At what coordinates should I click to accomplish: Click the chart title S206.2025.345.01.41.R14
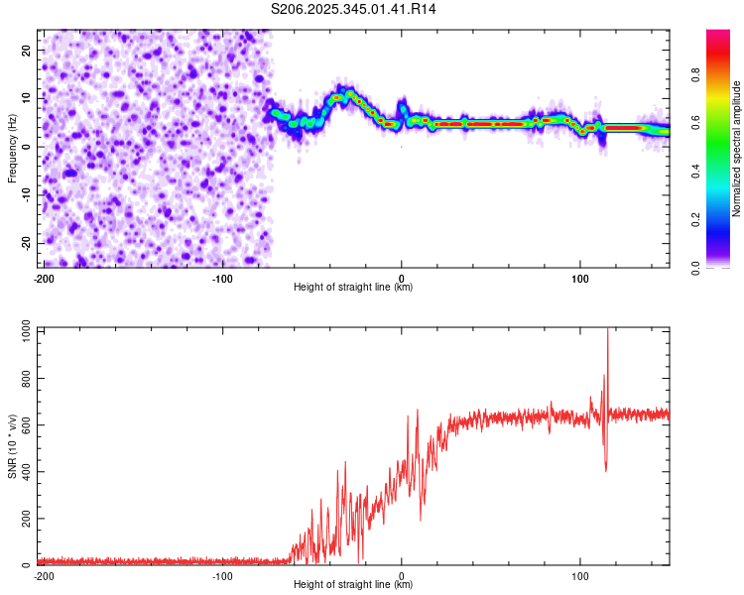point(354,9)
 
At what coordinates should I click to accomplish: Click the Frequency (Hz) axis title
point(12,148)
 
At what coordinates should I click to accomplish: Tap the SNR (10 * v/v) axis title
point(12,446)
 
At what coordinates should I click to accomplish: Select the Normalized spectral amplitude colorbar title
point(736,149)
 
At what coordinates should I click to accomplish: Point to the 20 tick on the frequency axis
point(27,50)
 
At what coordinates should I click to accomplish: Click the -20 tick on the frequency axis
point(25,244)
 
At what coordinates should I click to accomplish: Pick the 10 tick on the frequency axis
point(27,98)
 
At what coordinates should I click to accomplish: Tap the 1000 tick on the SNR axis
point(21,329)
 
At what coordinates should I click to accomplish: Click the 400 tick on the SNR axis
point(23,471)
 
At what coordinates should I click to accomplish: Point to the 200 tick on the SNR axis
point(23,519)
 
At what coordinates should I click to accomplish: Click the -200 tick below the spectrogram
point(44,278)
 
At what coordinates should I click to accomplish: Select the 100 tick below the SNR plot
point(579,575)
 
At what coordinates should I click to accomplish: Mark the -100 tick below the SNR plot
point(222,575)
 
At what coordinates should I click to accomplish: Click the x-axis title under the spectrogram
point(353,288)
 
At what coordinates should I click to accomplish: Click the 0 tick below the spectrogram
point(401,278)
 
